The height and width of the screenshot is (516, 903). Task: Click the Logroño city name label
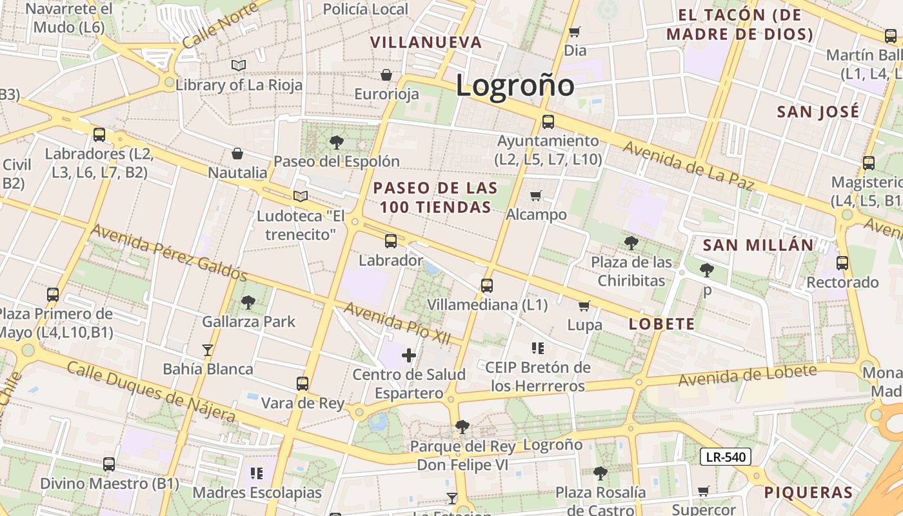(515, 86)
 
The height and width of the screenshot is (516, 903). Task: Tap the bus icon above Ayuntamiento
(548, 121)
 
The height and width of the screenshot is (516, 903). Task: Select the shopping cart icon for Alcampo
(535, 195)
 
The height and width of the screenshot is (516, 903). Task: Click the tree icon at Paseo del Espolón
(336, 143)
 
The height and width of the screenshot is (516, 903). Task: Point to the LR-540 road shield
(726, 457)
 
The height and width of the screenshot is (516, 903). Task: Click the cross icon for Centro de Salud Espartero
(409, 355)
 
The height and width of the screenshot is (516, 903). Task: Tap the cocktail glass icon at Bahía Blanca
(208, 350)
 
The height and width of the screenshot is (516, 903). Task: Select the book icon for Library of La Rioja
(239, 65)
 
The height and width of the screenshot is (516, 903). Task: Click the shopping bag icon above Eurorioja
(386, 75)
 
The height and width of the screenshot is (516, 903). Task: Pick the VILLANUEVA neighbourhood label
(426, 43)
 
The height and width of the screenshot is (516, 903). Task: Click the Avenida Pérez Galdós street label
(169, 253)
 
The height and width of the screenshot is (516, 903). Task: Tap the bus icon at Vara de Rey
(303, 384)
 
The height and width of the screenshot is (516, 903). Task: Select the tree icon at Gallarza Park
(248, 302)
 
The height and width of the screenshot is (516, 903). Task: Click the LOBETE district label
(662, 324)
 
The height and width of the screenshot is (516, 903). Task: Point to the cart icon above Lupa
(584, 306)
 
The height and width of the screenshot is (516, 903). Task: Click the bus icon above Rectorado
(842, 263)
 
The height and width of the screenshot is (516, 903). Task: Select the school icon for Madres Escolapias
(257, 473)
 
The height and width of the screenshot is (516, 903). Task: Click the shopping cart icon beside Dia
(574, 32)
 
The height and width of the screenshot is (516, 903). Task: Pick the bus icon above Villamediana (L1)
(487, 285)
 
